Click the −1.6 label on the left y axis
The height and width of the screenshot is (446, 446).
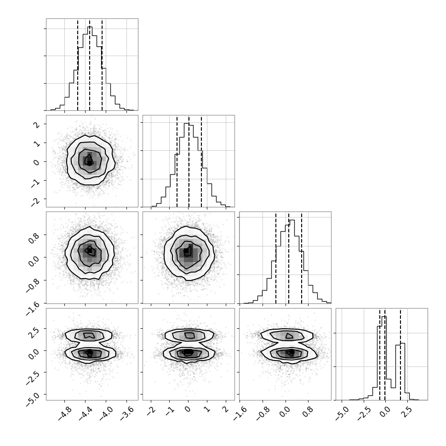pyautogui.click(x=33, y=309)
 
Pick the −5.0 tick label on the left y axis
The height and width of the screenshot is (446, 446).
pyautogui.click(x=33, y=400)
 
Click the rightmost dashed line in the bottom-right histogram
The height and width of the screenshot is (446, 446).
pyautogui.click(x=400, y=354)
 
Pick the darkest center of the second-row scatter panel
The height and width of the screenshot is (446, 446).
pyautogui.click(x=90, y=163)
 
